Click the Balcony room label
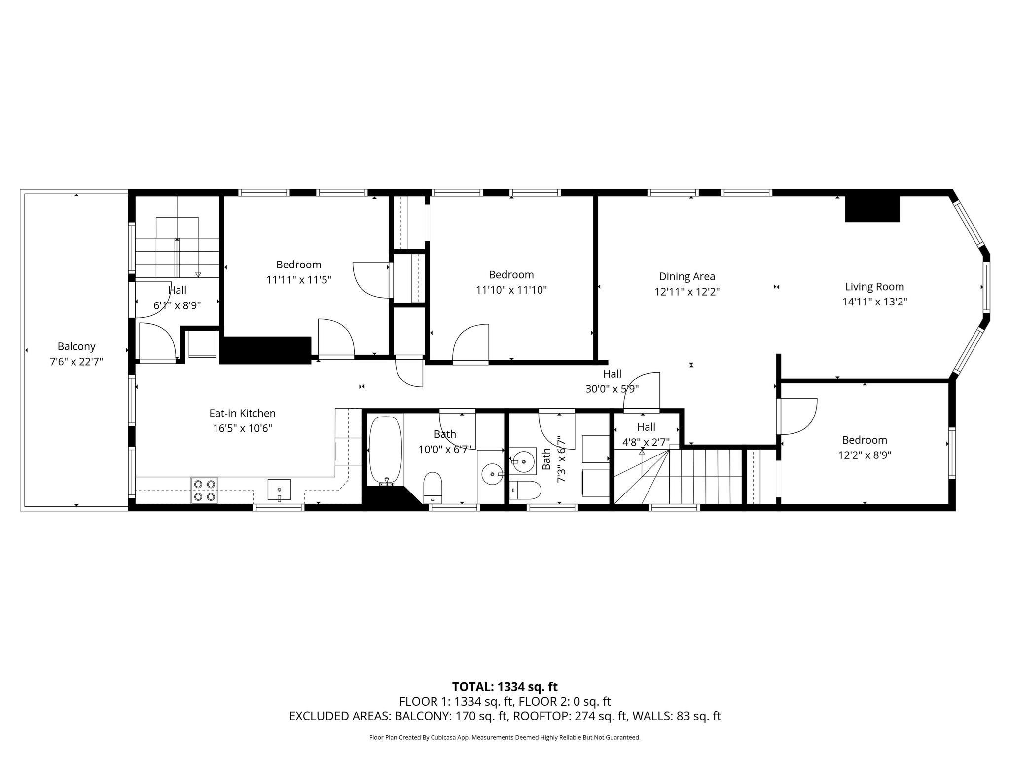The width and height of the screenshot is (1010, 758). point(76,346)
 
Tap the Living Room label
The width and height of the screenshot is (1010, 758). point(874,287)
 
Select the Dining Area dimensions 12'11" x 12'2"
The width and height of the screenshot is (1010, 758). point(687,292)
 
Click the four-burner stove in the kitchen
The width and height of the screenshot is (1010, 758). point(205,490)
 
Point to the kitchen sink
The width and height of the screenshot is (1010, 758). point(279,490)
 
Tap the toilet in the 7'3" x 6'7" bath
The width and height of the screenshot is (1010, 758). point(526,490)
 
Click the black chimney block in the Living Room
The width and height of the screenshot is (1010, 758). point(872,209)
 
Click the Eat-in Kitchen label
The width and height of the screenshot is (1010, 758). point(242,414)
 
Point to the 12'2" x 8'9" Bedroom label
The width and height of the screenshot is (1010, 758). point(865,440)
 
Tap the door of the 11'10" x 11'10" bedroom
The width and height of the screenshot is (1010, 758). point(471,344)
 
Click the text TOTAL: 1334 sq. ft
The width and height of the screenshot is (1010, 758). point(505,687)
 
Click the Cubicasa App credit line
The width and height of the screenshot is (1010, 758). point(505,738)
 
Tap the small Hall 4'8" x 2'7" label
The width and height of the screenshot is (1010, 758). point(646,427)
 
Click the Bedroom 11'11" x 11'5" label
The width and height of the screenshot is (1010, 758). point(298,265)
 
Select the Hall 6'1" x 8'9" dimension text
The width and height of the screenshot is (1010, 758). point(177,305)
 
